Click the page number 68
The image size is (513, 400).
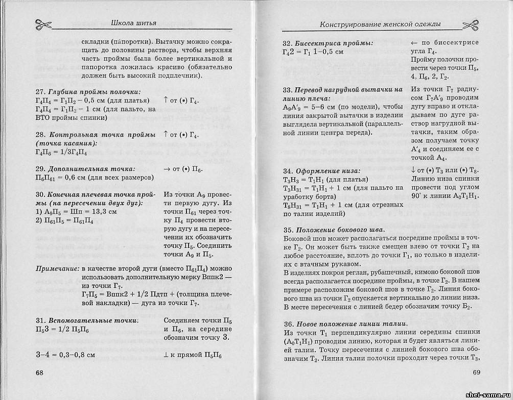(39, 372)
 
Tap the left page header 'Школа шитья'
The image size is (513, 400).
(133, 21)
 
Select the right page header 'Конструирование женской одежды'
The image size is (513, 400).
(380, 24)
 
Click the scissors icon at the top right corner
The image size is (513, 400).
(472, 24)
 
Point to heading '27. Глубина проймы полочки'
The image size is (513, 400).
(88, 92)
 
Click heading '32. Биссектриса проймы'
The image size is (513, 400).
(327, 42)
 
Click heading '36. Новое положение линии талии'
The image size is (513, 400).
(345, 324)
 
